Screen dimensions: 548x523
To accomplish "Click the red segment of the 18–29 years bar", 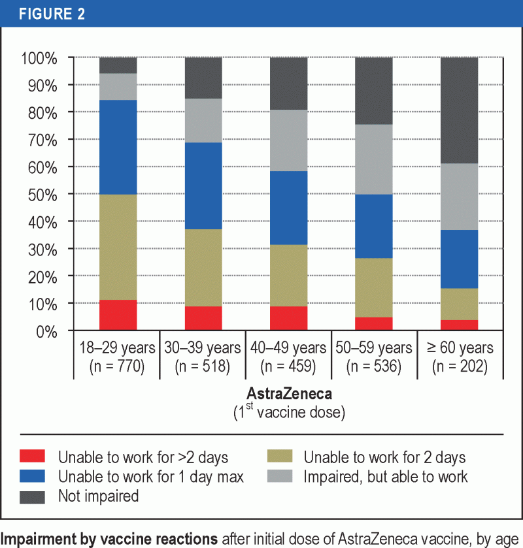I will point(118,315).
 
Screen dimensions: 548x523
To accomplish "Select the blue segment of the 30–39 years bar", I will point(203,185).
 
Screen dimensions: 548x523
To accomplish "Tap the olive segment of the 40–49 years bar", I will point(289,275).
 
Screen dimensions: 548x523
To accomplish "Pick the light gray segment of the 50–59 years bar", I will point(373,159).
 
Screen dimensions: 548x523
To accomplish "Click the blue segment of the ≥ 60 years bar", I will point(460,259).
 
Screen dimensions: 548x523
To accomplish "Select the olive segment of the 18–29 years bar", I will point(118,247).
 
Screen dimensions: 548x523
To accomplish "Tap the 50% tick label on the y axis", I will point(42,195).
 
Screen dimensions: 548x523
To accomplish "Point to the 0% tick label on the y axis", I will point(46,331).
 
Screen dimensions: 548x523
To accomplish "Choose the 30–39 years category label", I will point(203,347).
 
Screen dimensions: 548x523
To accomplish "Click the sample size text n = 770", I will point(117,366).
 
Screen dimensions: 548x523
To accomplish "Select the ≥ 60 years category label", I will point(459,347).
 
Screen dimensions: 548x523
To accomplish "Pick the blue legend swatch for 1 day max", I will point(33,476).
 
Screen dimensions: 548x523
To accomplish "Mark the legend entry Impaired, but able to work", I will point(386,476).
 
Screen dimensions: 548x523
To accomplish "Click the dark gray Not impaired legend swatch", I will point(33,496).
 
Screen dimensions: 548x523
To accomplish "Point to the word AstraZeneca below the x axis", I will point(288,395).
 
